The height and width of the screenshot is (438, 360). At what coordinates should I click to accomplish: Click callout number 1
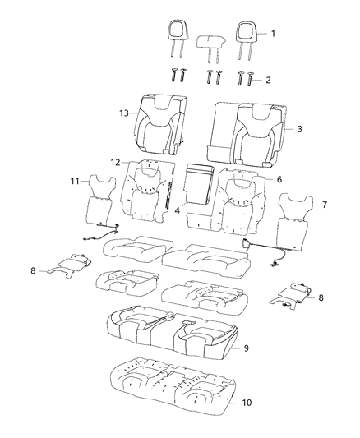point(275,33)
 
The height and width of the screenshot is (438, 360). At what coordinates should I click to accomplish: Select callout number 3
point(299,129)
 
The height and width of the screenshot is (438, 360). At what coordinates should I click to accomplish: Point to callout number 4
point(178,210)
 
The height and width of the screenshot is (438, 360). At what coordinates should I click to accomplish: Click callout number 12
point(116,163)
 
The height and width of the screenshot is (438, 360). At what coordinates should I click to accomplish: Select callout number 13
point(123,113)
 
